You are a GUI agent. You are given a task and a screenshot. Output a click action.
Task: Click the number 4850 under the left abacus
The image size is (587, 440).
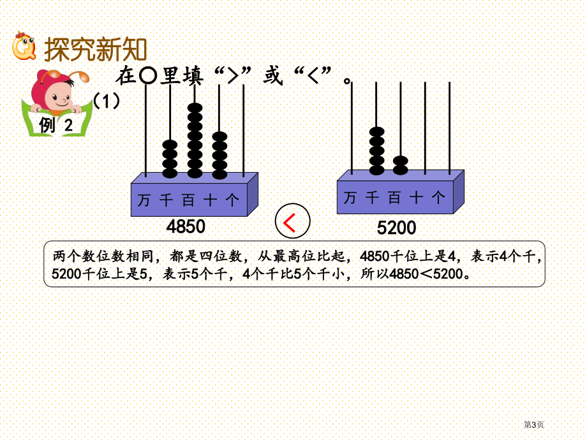click(x=186, y=226)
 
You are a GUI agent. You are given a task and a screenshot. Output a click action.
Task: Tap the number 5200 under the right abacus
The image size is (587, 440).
click(x=396, y=228)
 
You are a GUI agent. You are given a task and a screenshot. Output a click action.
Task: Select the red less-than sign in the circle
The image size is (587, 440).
click(x=290, y=222)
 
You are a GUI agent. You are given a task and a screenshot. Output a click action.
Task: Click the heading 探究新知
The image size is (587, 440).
click(x=95, y=49)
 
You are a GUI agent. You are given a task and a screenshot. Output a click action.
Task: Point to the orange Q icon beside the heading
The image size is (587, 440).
click(x=24, y=46)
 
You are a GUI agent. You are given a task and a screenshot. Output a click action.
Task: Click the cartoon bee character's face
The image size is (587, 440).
click(x=60, y=96)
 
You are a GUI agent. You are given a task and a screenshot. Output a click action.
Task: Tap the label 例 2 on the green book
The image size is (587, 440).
click(x=56, y=124)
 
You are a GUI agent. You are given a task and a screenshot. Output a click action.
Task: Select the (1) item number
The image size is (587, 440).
click(x=107, y=101)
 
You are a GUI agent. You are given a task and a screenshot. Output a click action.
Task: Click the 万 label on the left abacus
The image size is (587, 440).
click(x=144, y=200)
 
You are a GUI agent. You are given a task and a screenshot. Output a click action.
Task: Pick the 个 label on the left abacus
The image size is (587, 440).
click(x=232, y=200)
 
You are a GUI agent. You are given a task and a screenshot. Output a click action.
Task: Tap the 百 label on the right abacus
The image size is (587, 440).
click(x=394, y=198)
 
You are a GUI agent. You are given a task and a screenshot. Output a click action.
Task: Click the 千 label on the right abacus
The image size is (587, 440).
click(x=372, y=198)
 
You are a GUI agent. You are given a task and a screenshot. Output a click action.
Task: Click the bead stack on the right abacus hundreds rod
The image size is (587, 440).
click(x=401, y=165)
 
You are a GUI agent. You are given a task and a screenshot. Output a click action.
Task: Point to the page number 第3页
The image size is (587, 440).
click(x=533, y=425)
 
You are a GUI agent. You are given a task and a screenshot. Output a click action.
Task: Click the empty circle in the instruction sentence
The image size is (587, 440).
click(x=147, y=77)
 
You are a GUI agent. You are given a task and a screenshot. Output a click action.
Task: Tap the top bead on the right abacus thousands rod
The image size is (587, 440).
click(x=376, y=132)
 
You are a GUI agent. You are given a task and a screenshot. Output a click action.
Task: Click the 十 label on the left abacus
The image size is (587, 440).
click(x=210, y=200)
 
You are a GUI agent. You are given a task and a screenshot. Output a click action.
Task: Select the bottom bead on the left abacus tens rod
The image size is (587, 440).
click(x=219, y=174)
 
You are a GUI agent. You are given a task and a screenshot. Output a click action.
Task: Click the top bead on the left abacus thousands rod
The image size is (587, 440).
click(x=170, y=145)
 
